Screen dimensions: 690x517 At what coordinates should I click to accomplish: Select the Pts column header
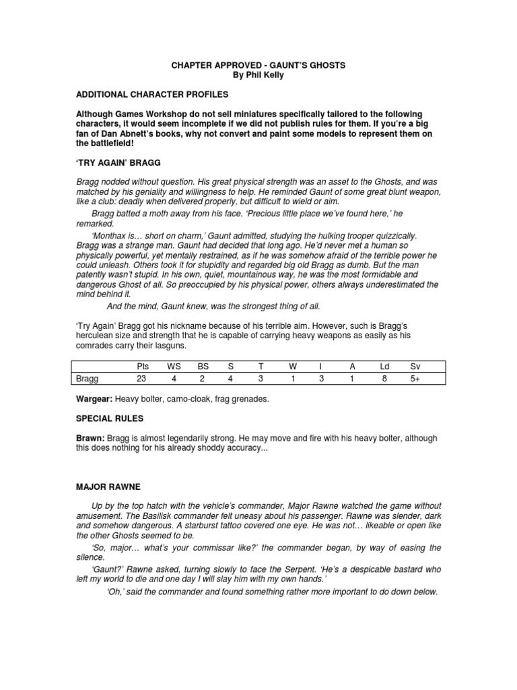(x=141, y=366)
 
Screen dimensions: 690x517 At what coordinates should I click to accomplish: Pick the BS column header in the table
(x=203, y=366)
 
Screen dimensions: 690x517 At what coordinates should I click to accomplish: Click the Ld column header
(x=384, y=366)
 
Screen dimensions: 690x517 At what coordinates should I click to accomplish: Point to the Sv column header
(x=415, y=366)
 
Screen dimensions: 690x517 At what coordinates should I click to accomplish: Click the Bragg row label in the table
(x=88, y=379)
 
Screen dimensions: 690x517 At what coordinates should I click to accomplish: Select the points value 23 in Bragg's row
(x=141, y=379)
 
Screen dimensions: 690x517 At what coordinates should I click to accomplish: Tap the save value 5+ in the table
(x=415, y=379)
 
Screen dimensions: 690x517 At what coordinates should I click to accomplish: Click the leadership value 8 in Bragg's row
(x=384, y=379)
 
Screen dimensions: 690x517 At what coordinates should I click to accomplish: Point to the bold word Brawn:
(x=91, y=438)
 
